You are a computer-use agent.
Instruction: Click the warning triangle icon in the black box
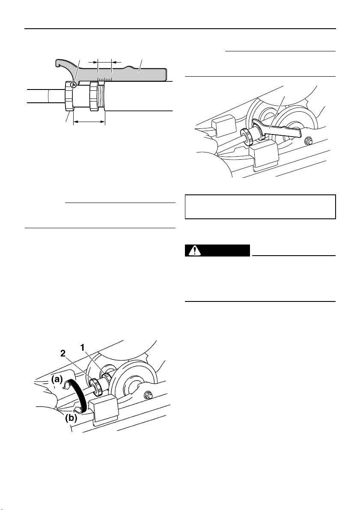tap(195, 251)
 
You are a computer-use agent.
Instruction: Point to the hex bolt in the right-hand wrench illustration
tap(307, 141)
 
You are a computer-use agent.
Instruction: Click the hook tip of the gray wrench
tap(57, 65)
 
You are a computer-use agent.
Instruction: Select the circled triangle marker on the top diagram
tap(74, 85)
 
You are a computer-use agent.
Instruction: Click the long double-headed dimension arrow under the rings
tap(89, 122)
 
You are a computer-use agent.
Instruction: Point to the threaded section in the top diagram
tap(102, 97)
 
